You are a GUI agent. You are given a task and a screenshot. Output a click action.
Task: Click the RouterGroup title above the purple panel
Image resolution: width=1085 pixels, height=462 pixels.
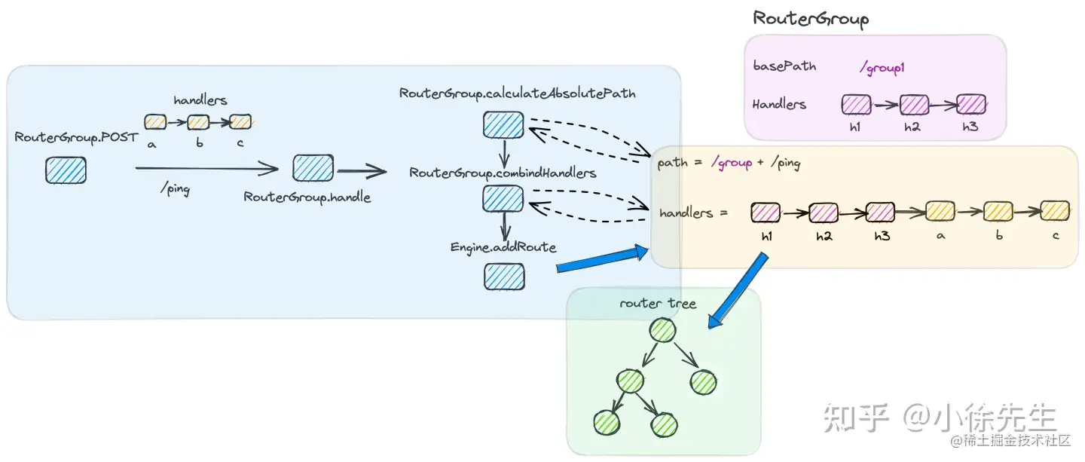point(811,19)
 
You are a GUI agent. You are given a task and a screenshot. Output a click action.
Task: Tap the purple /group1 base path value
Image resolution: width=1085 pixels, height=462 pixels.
point(882,68)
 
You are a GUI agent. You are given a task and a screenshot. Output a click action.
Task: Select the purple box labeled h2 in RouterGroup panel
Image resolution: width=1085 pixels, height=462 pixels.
point(914,105)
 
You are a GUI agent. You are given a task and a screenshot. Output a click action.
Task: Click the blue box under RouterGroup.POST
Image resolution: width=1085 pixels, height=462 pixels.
point(66,170)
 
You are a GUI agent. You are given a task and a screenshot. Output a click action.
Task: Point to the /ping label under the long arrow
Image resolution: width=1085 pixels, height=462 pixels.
point(175,188)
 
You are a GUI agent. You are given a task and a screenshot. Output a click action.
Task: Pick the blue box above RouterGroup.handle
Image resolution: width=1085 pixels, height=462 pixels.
point(313,168)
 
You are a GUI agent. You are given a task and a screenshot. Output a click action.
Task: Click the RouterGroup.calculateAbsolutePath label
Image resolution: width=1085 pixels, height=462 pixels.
point(518,93)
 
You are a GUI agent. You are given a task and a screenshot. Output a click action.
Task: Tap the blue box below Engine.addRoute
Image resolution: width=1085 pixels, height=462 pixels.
point(504,277)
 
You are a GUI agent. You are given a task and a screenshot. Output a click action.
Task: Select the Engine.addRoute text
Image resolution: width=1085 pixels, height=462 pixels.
point(503,247)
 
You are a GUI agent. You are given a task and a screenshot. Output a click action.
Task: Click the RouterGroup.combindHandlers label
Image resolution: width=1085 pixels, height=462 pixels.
point(503,173)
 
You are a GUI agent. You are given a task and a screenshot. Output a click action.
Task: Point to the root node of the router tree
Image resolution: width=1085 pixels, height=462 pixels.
point(662,331)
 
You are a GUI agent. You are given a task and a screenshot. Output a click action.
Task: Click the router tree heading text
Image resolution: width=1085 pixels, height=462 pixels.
point(658,304)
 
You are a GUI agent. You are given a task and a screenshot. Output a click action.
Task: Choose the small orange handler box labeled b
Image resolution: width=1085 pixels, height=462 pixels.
point(198,122)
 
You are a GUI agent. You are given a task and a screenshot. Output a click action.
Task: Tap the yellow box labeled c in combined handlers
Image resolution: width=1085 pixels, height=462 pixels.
point(1055,211)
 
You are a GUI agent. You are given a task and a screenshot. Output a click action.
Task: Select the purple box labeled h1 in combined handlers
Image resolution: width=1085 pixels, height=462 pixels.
point(766,213)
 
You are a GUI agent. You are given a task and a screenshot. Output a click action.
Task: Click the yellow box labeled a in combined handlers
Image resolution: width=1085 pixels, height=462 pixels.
point(940,211)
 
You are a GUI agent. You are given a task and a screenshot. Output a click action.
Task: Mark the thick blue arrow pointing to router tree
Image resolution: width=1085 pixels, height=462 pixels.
point(738,290)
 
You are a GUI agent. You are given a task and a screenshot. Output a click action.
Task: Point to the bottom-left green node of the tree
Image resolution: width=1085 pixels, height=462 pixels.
point(607,422)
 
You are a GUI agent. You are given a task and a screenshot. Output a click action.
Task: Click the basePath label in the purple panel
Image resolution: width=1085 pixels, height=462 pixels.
point(784,66)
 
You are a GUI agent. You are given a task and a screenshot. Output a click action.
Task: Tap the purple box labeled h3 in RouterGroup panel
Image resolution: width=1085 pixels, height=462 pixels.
point(971,104)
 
